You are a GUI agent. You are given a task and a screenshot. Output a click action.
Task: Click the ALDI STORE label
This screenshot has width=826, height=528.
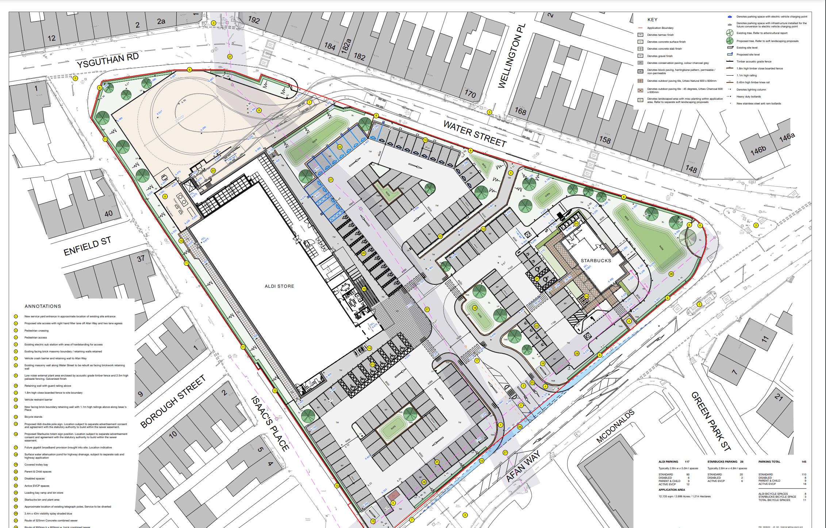pos(279,286)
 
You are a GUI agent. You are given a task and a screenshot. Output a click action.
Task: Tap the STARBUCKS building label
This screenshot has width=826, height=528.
pos(596,261)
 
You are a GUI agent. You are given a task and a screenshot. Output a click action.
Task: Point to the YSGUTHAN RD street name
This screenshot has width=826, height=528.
pos(108,61)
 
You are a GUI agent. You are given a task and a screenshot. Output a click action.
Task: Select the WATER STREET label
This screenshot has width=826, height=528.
pos(475,134)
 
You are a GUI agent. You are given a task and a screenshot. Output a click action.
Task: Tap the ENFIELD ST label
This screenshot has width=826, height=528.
pos(87,246)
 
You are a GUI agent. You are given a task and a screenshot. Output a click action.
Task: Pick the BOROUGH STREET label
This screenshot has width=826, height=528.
pos(173,401)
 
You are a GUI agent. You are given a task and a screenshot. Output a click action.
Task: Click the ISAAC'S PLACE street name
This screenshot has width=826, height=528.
pos(270,424)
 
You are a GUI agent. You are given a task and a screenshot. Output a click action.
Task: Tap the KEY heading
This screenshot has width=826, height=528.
pos(652,20)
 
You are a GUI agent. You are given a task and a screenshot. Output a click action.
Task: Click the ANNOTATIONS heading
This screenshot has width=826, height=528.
pos(43,306)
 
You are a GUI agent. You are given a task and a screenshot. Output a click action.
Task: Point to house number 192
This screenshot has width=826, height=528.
pos(254,20)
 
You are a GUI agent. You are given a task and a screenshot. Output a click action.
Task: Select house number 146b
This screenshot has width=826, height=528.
pos(758,150)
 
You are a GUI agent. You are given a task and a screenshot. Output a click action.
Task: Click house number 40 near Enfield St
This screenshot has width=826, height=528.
pos(108,214)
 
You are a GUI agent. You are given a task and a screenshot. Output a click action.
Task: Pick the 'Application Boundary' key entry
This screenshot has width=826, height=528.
pos(660,28)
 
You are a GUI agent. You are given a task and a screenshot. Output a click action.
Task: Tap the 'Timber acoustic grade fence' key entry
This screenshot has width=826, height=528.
pos(754,61)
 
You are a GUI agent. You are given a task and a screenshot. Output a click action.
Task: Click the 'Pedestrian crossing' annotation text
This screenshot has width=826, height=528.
pos(37,330)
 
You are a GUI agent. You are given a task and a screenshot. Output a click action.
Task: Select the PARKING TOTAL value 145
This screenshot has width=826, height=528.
pos(804,462)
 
